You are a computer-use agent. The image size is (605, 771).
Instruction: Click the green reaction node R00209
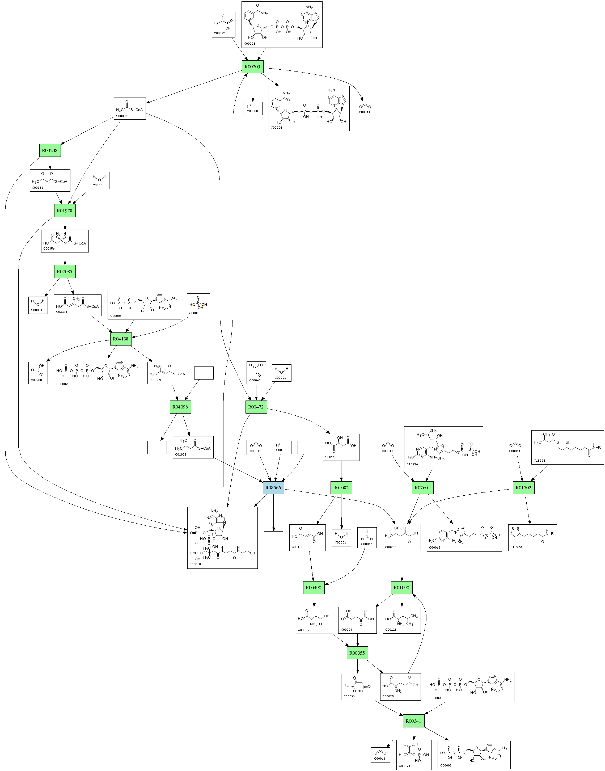click(x=253, y=67)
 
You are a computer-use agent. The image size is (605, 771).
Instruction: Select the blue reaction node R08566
click(x=273, y=487)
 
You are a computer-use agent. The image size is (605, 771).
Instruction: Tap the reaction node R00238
click(x=50, y=150)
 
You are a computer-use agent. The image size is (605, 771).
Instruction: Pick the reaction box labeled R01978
click(x=65, y=210)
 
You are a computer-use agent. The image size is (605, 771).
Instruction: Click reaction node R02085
click(x=65, y=271)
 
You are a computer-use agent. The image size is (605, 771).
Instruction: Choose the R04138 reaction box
click(x=120, y=339)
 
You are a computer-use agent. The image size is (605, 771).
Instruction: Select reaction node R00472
click(x=256, y=407)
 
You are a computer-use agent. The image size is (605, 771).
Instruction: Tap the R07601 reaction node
click(x=422, y=487)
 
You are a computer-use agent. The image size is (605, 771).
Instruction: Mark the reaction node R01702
click(x=523, y=487)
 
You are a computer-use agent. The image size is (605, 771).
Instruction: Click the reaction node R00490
click(x=314, y=587)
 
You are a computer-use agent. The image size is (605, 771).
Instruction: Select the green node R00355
click(x=357, y=653)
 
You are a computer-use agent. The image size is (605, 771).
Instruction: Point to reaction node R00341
click(x=413, y=721)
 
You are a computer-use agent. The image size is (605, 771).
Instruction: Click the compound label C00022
click(x=219, y=33)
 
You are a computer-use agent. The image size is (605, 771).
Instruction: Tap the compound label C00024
click(x=122, y=116)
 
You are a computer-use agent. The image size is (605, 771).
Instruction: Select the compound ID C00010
click(x=195, y=564)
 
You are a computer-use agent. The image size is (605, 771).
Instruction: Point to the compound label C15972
click(x=516, y=547)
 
